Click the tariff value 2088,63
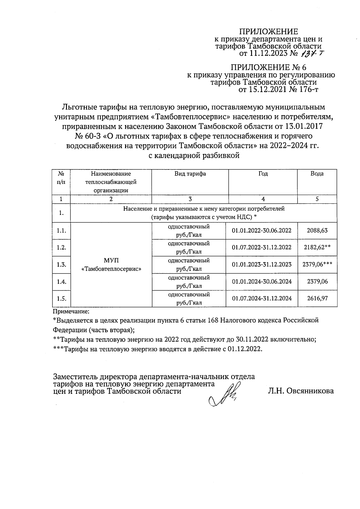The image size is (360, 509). pos(317,231)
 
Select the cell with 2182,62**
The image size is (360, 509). pos(317,247)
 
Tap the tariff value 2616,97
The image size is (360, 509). pos(317,298)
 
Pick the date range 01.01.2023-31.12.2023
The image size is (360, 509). pos(262,265)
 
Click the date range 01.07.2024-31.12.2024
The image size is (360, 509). pos(262,298)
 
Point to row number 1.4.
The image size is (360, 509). pos(61,282)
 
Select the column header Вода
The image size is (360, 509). pos(317,174)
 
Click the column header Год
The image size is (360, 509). pos(263,174)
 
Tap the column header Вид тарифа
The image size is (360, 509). pos(190,174)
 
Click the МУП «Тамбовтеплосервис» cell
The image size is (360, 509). pos(111,265)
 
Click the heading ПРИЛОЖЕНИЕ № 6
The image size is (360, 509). pos(268,67)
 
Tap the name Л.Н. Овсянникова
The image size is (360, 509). pos(301,391)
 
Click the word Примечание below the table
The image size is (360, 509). pos(71,312)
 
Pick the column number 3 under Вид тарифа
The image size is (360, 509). pos(190,199)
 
